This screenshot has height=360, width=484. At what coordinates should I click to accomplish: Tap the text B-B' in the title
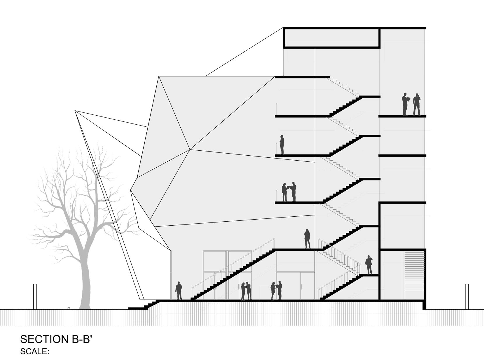(81, 339)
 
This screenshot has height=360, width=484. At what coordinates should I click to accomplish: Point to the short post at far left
(35, 296)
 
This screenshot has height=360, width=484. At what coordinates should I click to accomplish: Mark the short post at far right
(467, 296)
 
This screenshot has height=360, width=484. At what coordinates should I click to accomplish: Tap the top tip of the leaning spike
(75, 111)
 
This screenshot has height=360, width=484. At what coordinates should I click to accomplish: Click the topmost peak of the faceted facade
(159, 76)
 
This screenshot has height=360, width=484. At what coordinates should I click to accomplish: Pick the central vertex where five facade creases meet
(190, 149)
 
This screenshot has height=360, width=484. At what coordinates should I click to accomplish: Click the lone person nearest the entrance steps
(179, 291)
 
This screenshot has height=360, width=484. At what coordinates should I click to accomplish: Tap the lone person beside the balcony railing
(282, 145)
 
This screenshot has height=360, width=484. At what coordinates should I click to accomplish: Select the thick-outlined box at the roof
(332, 37)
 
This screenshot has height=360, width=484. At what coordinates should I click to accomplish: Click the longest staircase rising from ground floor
(233, 274)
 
